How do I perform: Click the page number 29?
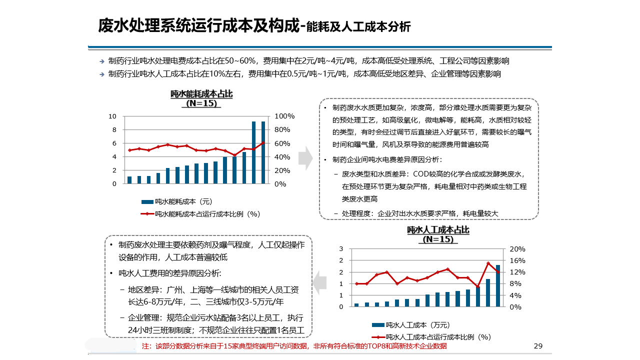(538, 346)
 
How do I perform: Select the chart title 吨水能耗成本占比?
(201, 94)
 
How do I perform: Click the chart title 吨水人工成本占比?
(438, 230)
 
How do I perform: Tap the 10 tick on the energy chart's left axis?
(112, 116)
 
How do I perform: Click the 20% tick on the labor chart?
(517, 249)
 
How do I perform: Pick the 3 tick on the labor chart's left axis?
(341, 249)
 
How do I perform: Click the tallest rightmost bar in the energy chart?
(263, 152)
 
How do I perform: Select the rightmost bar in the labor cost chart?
(498, 285)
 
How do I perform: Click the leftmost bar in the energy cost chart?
(129, 180)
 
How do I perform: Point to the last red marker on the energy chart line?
(263, 143)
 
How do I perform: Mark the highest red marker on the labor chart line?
(488, 263)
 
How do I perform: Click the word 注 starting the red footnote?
(145, 346)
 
